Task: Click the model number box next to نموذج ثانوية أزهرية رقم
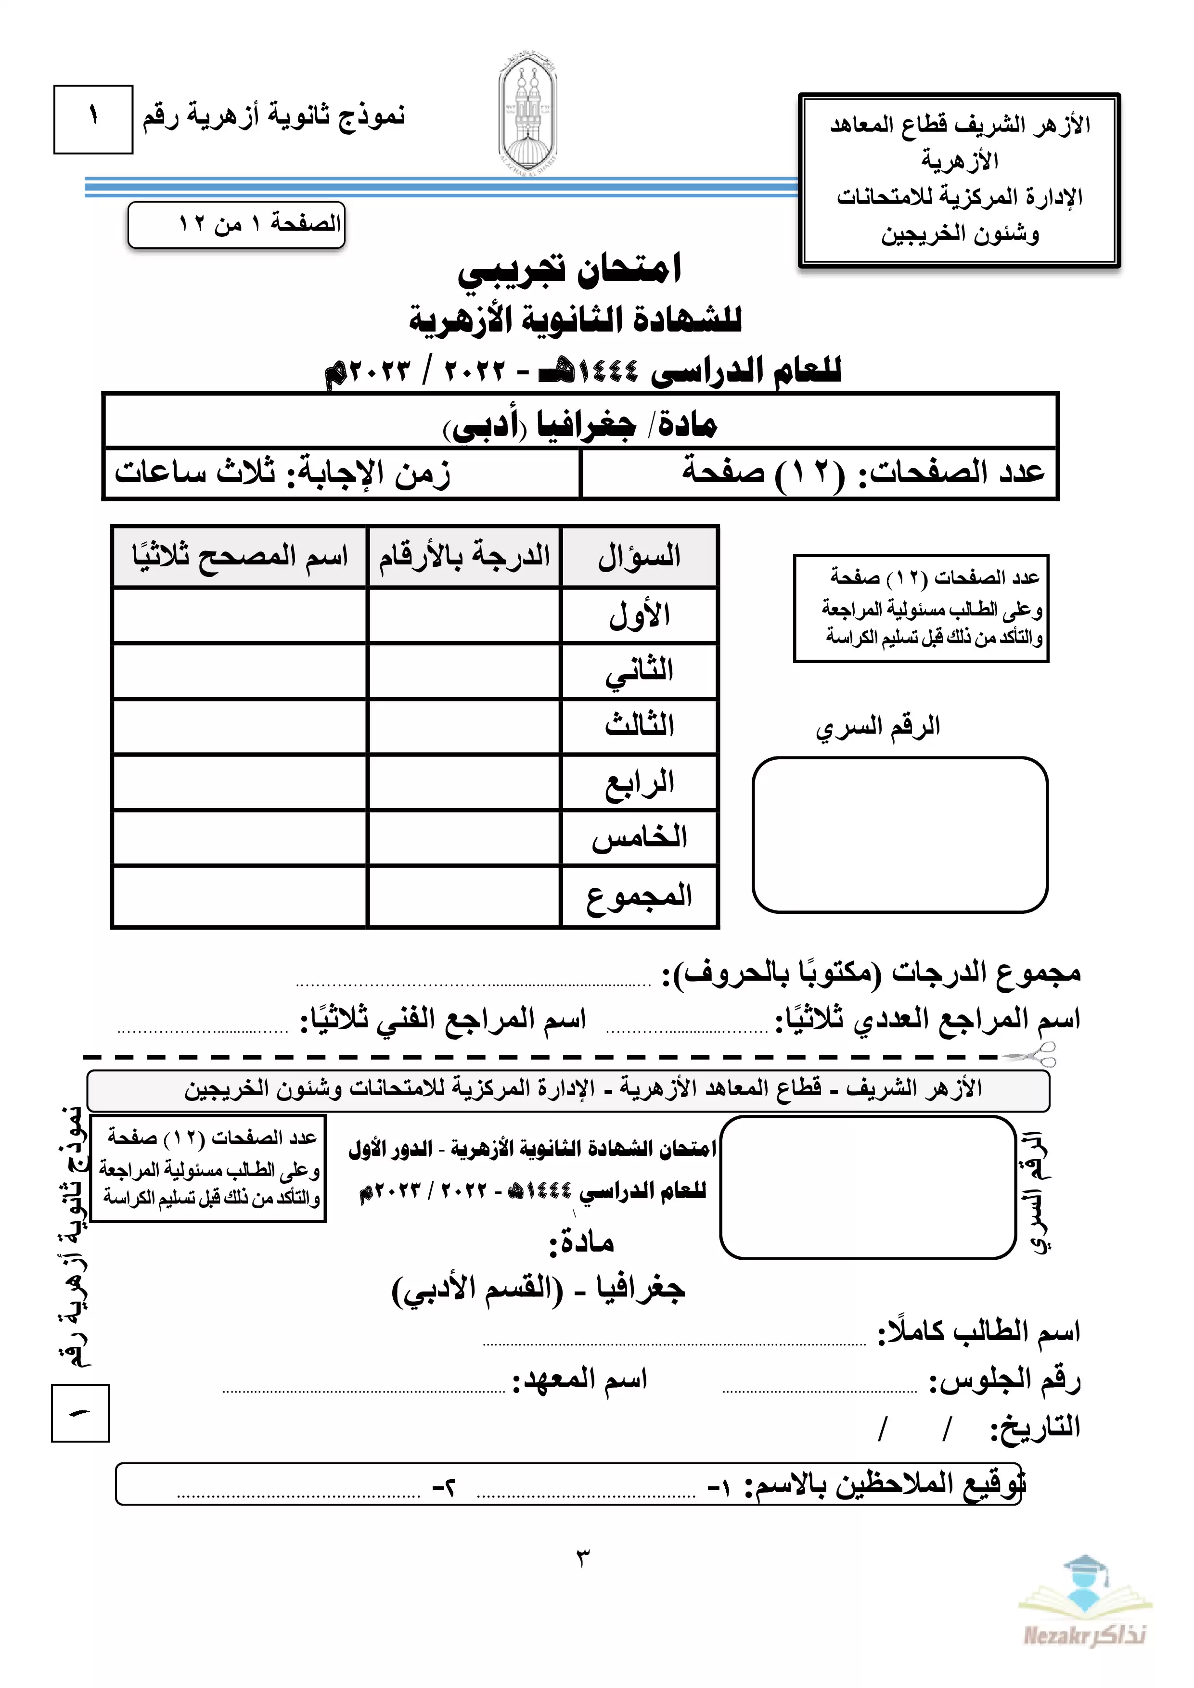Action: (93, 119)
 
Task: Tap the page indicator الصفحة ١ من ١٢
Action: (237, 223)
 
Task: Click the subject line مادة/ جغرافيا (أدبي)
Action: (580, 425)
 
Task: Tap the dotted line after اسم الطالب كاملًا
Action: (674, 1343)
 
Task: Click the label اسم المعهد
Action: (580, 1379)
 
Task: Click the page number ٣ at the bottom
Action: (582, 1557)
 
